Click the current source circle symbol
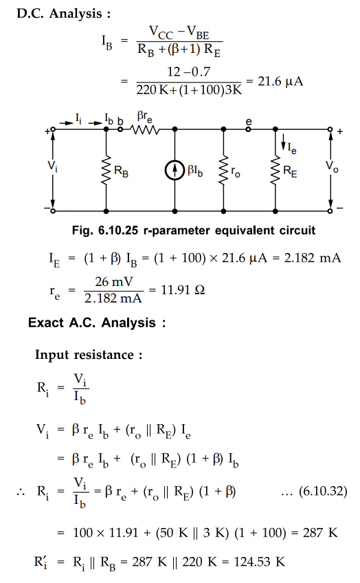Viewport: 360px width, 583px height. pyautogui.click(x=175, y=170)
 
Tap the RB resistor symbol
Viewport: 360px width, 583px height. pyautogui.click(x=106, y=170)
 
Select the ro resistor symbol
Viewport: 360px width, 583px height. pyautogui.click(x=223, y=170)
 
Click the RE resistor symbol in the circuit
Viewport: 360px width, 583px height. pyautogui.click(x=275, y=170)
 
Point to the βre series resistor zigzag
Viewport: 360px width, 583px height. pyautogui.click(x=144, y=129)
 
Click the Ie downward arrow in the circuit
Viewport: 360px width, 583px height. pyautogui.click(x=284, y=141)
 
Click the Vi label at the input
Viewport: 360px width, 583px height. pyautogui.click(x=52, y=166)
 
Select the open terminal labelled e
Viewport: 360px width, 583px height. pyautogui.click(x=248, y=129)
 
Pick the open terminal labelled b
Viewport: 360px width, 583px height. pyautogui.click(x=120, y=129)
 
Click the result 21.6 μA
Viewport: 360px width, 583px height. pyautogui.click(x=280, y=81)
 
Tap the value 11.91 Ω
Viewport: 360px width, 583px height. pyautogui.click(x=183, y=289)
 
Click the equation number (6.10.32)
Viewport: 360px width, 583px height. pyautogui.click(x=323, y=491)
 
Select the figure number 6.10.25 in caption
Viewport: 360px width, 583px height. pyautogui.click(x=117, y=230)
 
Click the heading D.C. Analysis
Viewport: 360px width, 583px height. pyautogui.click(x=63, y=14)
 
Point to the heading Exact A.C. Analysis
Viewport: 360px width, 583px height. pyautogui.click(x=97, y=322)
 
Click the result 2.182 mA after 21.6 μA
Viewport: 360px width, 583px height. pyautogui.click(x=313, y=258)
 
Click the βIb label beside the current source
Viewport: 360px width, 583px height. pyautogui.click(x=195, y=171)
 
